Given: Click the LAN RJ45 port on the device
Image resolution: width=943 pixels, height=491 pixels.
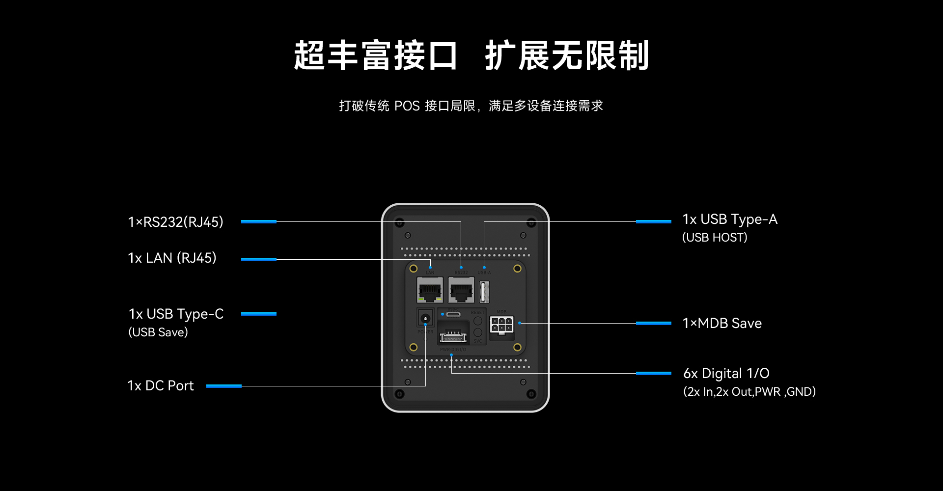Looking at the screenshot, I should (430, 290).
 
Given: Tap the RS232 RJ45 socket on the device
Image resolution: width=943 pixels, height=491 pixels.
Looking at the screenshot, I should (461, 290).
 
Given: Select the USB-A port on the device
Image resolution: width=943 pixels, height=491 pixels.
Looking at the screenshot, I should (484, 292).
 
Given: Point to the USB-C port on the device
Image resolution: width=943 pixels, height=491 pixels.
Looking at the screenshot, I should (453, 314).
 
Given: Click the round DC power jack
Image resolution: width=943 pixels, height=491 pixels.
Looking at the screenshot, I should (425, 319).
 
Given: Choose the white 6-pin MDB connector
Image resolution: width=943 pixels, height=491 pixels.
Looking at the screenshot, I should (501, 325).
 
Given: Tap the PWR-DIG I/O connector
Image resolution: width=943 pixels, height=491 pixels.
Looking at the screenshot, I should (453, 337).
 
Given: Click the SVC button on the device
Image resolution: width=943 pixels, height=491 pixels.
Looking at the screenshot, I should (477, 332).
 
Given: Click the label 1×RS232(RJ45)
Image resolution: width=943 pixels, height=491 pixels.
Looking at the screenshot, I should (175, 222).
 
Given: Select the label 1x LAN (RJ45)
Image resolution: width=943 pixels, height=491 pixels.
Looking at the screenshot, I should (172, 258).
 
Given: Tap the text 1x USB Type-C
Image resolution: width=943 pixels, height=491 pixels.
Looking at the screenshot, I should (176, 314).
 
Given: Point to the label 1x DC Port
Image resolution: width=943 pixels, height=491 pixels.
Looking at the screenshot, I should (161, 386).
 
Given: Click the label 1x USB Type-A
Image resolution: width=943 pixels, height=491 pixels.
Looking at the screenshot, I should (730, 219).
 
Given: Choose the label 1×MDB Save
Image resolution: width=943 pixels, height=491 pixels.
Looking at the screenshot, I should (722, 324).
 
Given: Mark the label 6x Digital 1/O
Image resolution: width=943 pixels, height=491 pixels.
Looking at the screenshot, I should (726, 374).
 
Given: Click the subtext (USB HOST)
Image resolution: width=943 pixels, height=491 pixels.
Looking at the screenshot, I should (715, 238).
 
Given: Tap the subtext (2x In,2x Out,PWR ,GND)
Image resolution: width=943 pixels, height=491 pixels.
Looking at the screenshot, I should (749, 392).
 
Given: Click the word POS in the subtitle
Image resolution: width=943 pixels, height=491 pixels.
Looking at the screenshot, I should (407, 106).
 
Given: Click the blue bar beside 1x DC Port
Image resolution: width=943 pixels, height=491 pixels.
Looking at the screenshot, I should (223, 386).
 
